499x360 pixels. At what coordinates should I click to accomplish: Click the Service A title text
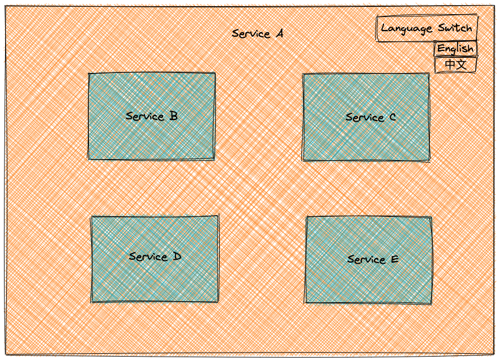[x=258, y=33]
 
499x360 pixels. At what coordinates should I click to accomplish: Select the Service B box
[x=151, y=116]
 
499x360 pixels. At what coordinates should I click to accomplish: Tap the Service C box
[x=366, y=117]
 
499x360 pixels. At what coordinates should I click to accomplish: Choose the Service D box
[x=155, y=259]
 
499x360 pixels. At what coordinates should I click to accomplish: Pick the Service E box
[x=369, y=260]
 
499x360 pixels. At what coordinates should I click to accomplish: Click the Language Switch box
[x=427, y=28]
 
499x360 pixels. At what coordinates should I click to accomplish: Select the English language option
[x=455, y=49]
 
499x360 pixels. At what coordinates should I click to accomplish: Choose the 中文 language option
[x=455, y=65]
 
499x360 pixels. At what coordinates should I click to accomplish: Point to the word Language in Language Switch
[x=407, y=29]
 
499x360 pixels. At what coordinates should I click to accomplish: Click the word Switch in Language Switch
[x=455, y=28]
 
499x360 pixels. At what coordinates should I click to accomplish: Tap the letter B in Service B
[x=173, y=116]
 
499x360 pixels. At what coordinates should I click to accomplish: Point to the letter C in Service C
[x=393, y=117]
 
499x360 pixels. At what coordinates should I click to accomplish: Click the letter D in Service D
[x=177, y=256]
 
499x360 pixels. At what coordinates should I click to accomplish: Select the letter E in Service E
[x=395, y=259]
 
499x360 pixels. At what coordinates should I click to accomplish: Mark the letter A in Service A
[x=279, y=33]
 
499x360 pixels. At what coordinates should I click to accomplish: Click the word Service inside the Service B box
[x=145, y=116]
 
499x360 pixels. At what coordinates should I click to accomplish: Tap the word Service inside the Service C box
[x=365, y=117]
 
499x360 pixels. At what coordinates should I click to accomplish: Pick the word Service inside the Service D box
[x=148, y=256]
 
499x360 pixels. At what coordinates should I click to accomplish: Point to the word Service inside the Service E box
[x=366, y=259]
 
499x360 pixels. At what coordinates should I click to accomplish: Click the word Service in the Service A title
[x=251, y=34]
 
